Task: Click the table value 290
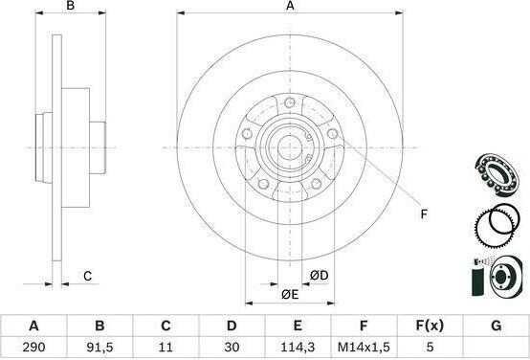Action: pyautogui.click(x=33, y=347)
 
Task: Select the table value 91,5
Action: pyautogui.click(x=99, y=348)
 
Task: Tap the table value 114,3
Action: pyautogui.click(x=298, y=348)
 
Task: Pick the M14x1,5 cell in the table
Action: pyautogui.click(x=364, y=347)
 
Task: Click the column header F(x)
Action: pyautogui.click(x=430, y=326)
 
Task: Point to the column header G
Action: pyautogui.click(x=496, y=326)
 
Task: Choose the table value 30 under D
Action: pyautogui.click(x=232, y=347)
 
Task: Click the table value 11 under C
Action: pyautogui.click(x=166, y=347)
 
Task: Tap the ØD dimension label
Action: pyautogui.click(x=320, y=276)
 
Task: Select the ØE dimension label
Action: pyautogui.click(x=290, y=295)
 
